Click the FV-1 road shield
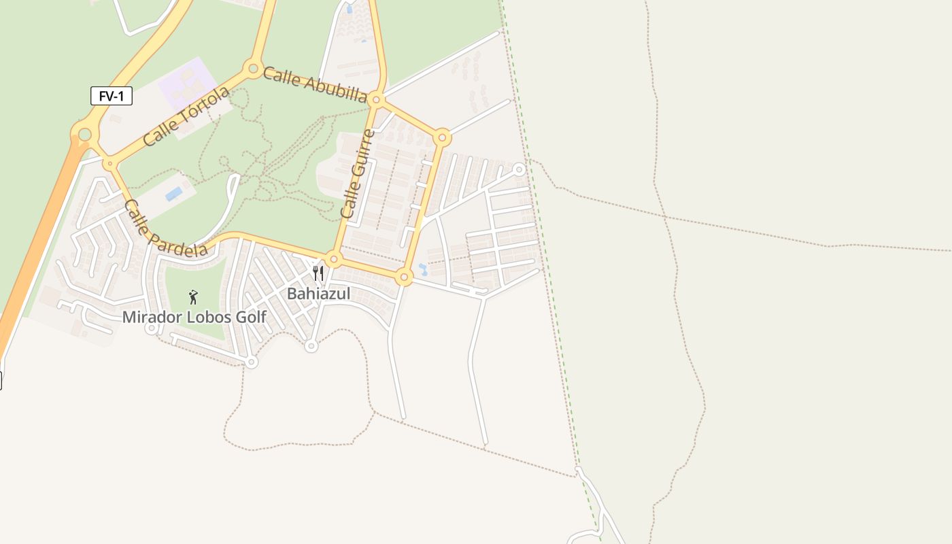point(112,96)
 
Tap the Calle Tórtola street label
point(186,117)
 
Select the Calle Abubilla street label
point(315,84)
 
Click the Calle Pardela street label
point(166,229)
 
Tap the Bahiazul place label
point(318,294)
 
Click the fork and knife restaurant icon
point(318,273)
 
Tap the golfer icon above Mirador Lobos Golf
point(193,296)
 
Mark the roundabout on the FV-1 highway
point(84,135)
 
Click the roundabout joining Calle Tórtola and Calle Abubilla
point(254,68)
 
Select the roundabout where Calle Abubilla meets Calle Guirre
point(377,100)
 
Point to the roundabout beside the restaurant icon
point(333,259)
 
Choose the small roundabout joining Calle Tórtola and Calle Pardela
point(109,163)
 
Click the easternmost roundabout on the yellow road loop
point(442,137)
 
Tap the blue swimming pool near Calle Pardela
point(174,194)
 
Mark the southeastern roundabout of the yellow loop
point(404,277)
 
